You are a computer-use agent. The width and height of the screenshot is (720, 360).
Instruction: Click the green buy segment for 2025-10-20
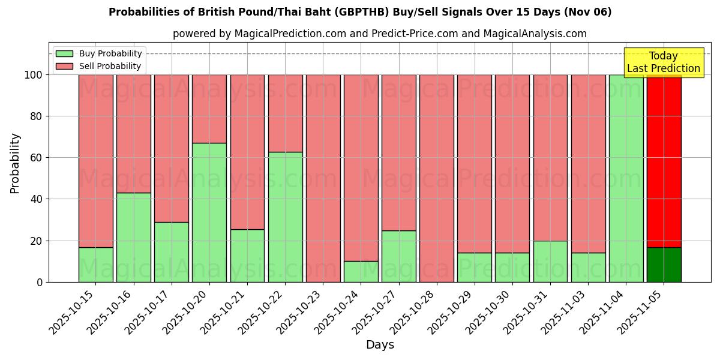point(209,212)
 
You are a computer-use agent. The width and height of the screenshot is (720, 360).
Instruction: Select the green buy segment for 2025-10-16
point(133,237)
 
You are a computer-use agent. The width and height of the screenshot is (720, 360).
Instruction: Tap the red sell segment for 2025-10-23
point(323,178)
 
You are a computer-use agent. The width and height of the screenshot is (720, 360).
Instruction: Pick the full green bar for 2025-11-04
point(626,178)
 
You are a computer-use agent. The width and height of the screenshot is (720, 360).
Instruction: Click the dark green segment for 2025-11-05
point(664,265)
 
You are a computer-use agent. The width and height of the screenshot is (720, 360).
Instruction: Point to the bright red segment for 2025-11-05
point(664,161)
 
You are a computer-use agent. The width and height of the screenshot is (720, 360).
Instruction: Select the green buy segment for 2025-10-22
point(285,217)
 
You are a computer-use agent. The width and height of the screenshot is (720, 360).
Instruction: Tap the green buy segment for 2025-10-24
point(361,271)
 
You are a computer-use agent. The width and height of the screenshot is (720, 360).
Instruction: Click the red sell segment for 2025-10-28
point(437,178)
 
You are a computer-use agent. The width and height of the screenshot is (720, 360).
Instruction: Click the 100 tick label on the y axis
point(33,75)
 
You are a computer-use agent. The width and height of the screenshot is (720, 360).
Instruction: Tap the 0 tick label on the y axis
point(40,282)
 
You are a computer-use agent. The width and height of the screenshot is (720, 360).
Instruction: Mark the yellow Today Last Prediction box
point(663,62)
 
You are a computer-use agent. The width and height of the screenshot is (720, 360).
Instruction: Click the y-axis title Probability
point(15,163)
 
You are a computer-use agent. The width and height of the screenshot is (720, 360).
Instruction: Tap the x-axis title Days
point(380,345)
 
